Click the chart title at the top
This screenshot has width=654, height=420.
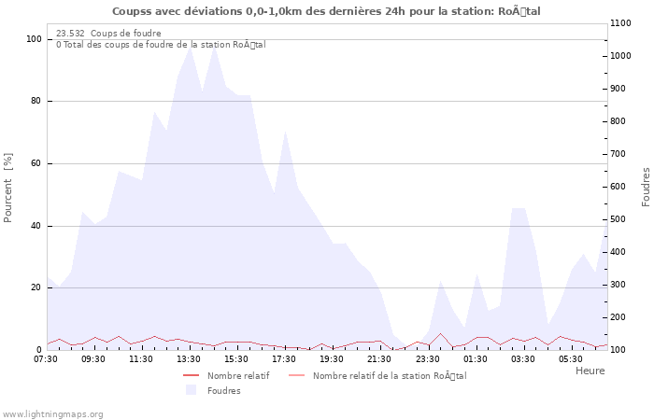(326, 11)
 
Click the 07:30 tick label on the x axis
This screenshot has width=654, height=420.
(46, 358)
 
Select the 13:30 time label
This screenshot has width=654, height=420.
(189, 358)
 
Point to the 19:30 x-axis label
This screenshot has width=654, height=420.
(332, 358)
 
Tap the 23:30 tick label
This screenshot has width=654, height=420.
(427, 358)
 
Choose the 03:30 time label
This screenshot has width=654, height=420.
(522, 358)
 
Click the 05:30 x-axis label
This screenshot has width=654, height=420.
(570, 358)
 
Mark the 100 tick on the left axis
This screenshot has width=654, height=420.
(34, 39)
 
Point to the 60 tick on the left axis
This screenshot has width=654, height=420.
(36, 163)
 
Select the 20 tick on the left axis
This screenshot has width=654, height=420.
(36, 287)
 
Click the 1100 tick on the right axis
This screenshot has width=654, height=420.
(623, 23)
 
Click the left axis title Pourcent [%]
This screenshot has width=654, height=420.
(8, 187)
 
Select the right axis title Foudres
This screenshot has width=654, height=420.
(646, 187)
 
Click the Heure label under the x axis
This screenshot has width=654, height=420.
(590, 371)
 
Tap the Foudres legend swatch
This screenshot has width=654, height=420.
(192, 390)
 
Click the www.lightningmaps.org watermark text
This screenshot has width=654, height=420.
(52, 414)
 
